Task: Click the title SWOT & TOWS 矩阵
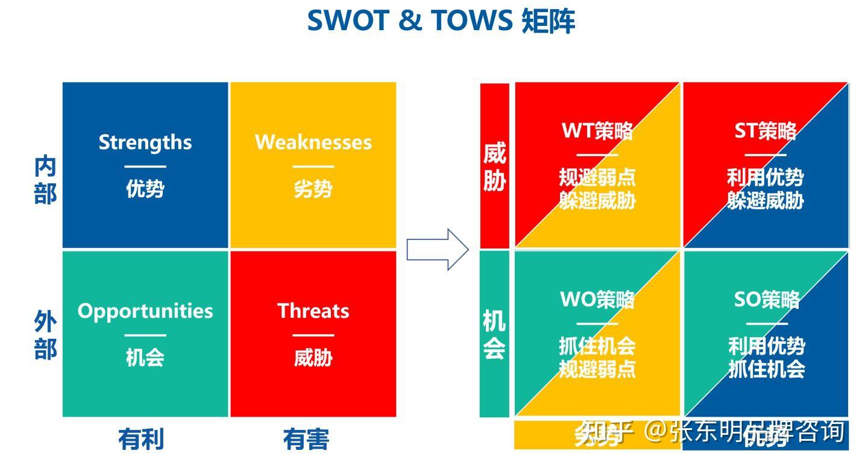[441, 21]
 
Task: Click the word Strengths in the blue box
[145, 142]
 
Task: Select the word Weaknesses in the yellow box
[313, 142]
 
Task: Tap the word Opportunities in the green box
[145, 311]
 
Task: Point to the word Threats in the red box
[313, 311]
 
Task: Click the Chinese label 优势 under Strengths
[145, 189]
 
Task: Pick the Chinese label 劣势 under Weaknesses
[313, 189]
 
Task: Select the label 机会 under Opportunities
[145, 357]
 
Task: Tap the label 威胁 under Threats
[313, 357]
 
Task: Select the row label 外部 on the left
[45, 337]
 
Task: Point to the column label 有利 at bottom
[141, 439]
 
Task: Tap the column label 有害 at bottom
[306, 439]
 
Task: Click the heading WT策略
[597, 131]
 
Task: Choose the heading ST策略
[765, 131]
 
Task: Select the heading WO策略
[597, 299]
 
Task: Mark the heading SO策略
[766, 299]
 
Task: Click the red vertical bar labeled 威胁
[494, 166]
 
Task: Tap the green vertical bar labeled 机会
[494, 334]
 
